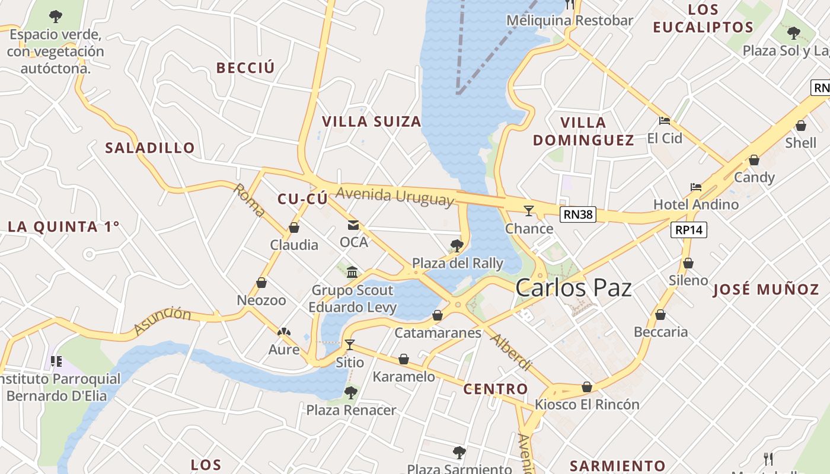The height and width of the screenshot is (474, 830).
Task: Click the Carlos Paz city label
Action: click(573, 289)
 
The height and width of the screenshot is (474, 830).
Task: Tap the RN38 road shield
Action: click(578, 214)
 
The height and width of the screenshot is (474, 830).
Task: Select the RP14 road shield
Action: click(689, 230)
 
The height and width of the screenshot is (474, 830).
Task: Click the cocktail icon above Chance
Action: click(529, 210)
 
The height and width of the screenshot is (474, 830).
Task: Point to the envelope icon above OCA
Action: click(353, 225)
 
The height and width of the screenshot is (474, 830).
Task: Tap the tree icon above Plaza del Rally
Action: click(456, 245)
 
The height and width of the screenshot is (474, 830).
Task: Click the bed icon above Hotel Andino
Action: click(696, 187)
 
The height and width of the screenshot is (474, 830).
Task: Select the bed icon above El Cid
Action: click(665, 121)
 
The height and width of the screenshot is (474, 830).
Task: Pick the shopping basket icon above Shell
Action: click(800, 126)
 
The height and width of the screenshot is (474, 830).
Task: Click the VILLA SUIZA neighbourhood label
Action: click(371, 122)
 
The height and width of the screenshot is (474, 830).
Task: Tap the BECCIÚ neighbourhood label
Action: click(245, 68)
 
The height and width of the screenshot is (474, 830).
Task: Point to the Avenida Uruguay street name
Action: click(395, 196)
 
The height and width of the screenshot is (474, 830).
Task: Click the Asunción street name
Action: click(162, 320)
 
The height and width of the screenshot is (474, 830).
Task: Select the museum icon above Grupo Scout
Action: click(352, 272)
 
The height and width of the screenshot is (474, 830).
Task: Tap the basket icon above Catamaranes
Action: click(438, 315)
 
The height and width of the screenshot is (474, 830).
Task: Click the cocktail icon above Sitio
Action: click(350, 344)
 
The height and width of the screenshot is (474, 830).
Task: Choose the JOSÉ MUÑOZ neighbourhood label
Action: click(765, 290)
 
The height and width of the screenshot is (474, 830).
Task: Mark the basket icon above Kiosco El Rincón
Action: click(587, 387)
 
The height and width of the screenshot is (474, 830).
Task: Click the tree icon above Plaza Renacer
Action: click(351, 392)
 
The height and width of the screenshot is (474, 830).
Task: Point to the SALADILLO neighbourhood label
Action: click(150, 148)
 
